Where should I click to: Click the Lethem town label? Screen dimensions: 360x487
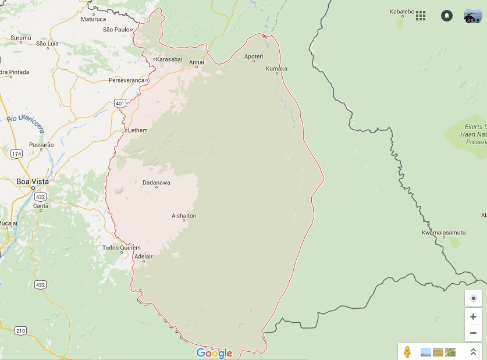click(137, 130)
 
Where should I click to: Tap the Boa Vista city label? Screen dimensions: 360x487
click(33, 181)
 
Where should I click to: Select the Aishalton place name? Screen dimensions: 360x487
click(184, 216)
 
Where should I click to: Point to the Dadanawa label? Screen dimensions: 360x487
click(157, 183)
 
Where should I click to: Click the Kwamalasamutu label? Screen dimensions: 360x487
click(443, 233)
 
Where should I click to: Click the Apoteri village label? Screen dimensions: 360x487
click(254, 56)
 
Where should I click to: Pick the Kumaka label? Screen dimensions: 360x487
click(276, 69)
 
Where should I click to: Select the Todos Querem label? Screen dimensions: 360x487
click(122, 248)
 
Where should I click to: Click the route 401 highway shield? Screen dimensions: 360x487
click(120, 104)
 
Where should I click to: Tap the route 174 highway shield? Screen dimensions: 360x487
click(16, 154)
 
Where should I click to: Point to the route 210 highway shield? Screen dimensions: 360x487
click(20, 331)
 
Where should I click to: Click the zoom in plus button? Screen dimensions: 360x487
click(473, 317)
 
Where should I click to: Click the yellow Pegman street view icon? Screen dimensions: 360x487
click(407, 351)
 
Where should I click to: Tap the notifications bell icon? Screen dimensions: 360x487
click(446, 16)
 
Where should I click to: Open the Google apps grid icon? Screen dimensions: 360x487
click(421, 16)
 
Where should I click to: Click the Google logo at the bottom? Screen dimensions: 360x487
click(214, 353)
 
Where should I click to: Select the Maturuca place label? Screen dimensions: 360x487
click(93, 19)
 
